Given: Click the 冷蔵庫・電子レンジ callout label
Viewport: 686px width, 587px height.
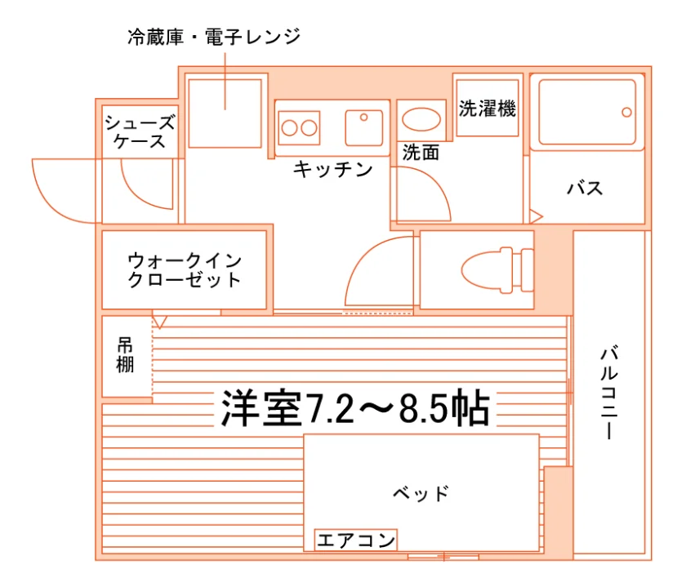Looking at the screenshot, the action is coord(214,37).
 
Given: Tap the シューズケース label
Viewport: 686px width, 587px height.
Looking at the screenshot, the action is coord(140,131).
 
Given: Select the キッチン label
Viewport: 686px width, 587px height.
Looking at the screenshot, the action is coord(332,169).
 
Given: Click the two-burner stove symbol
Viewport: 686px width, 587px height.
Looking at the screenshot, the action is coord(299,127).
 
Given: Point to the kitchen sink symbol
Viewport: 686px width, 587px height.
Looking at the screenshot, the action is coord(364,127).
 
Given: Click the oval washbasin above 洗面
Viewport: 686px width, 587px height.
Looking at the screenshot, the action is coord(421,119).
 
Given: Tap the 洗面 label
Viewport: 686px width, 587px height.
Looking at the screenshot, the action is coord(421,152).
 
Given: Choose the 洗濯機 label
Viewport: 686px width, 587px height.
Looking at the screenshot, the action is coord(488,109).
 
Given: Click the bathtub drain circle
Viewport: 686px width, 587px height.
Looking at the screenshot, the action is coord(626,113).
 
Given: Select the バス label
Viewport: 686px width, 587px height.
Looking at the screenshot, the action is coord(585,189).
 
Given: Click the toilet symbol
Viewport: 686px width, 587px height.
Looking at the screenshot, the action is coord(497,270).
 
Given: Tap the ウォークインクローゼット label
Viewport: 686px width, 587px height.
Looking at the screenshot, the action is coord(185,270).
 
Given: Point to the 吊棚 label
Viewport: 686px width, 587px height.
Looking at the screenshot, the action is coord(125,355).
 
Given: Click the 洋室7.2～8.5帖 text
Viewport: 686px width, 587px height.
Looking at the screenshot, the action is coord(354,408).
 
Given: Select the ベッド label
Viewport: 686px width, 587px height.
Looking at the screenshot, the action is coord(421,493).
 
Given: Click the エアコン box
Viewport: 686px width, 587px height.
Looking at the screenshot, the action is coord(356,540).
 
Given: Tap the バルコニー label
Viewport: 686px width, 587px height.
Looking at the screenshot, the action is coord(608,393).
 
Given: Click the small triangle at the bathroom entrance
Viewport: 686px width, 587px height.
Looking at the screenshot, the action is coord(536,216).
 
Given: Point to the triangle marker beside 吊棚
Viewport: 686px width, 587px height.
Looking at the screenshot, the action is coord(159,322).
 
